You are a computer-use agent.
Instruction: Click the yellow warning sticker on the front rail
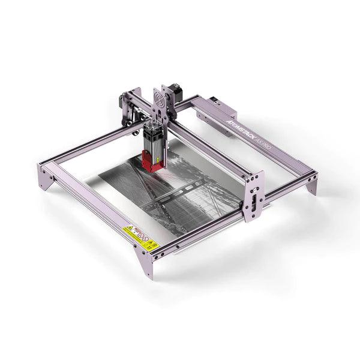coord(140,238)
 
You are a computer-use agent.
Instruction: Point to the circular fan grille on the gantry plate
coord(161,97)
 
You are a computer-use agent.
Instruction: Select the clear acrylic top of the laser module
coord(151,122)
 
